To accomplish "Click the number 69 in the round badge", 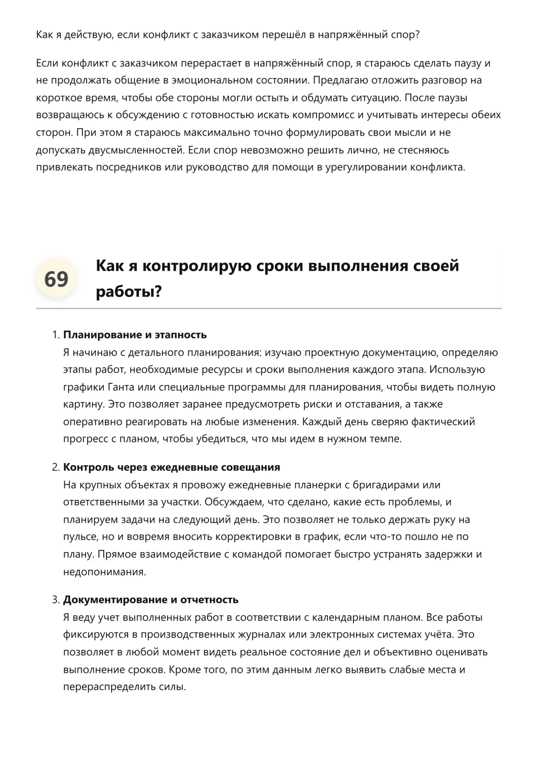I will [x=56, y=279].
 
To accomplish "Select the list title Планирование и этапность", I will [x=135, y=335].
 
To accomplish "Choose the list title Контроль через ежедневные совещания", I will [x=172, y=467].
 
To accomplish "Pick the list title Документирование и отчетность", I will [x=151, y=600].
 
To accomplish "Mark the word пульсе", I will [x=79, y=537].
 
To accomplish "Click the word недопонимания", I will [x=104, y=572].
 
